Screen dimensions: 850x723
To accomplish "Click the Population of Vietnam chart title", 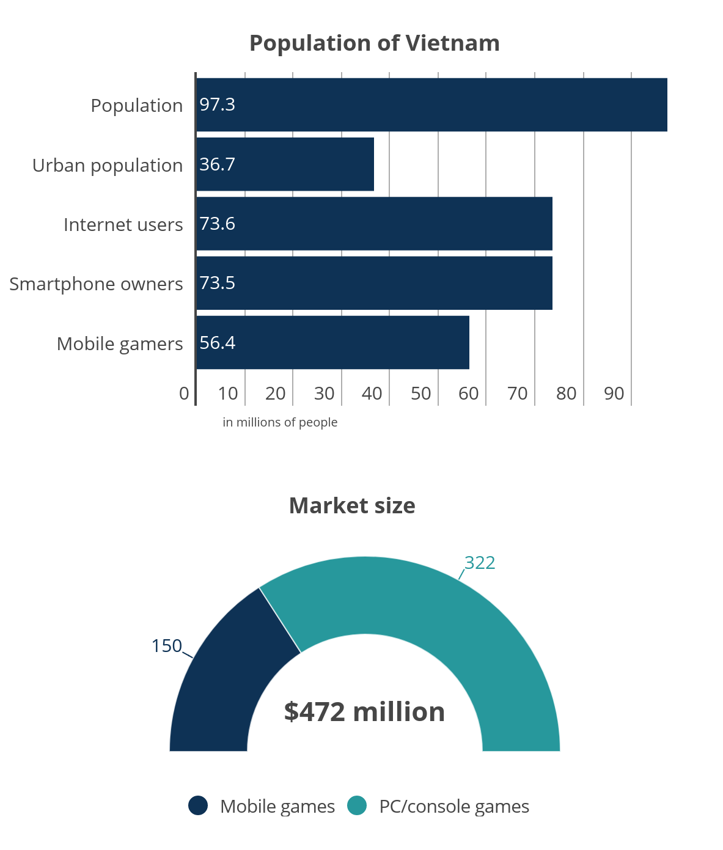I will [x=374, y=43].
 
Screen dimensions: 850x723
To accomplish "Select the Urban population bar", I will [x=285, y=164].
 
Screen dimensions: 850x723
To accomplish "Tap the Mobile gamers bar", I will [x=332, y=343].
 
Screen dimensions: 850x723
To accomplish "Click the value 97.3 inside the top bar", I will [x=217, y=104].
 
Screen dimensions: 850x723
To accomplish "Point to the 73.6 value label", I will [x=217, y=224].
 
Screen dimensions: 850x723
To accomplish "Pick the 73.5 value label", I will [x=217, y=283].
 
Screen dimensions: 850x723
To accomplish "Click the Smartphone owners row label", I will [x=96, y=284].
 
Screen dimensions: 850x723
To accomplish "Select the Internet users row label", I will [x=123, y=225].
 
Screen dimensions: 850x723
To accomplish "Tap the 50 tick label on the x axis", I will [x=420, y=394].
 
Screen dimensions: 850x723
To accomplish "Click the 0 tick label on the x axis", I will [x=184, y=394].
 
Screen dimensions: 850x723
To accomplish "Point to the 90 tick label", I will [x=614, y=394].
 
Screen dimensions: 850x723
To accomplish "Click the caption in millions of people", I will [x=280, y=422].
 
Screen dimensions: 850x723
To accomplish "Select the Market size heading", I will [x=352, y=506].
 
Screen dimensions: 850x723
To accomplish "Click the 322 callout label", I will [x=480, y=563].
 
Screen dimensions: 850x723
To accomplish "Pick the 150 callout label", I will [x=167, y=646].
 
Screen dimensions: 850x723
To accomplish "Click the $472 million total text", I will [x=364, y=712].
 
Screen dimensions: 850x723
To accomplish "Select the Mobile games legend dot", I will [x=198, y=806].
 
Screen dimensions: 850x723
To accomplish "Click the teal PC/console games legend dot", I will [x=357, y=806].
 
